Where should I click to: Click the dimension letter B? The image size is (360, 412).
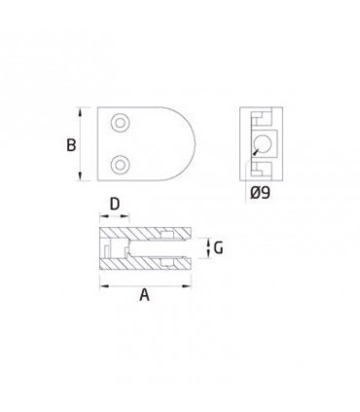(x=71, y=145)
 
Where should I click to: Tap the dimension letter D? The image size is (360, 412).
(x=115, y=205)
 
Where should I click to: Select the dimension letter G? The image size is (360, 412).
(x=218, y=248)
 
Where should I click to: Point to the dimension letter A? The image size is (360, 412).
(x=145, y=295)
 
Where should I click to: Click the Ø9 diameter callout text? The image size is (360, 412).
(x=260, y=193)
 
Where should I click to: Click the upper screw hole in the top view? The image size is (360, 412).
(x=121, y=123)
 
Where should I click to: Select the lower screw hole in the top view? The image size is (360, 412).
(x=121, y=165)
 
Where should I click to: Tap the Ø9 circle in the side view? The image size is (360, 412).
(x=262, y=144)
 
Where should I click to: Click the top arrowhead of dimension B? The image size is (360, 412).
(x=80, y=111)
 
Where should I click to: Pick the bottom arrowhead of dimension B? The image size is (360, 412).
(x=80, y=176)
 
